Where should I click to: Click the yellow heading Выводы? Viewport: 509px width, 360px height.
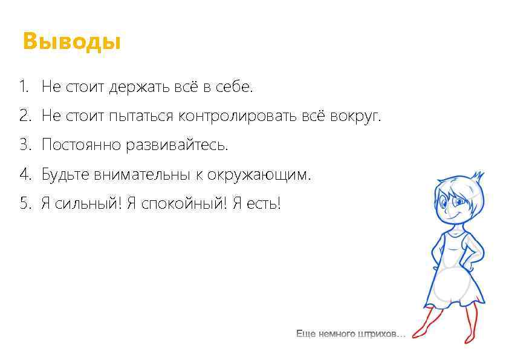pos(71,42)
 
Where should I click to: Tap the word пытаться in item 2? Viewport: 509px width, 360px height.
pos(141,116)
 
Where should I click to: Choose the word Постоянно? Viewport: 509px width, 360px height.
pos(82,145)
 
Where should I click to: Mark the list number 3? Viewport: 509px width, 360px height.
pos(24,145)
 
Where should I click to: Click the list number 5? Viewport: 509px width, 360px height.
pos(24,204)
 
